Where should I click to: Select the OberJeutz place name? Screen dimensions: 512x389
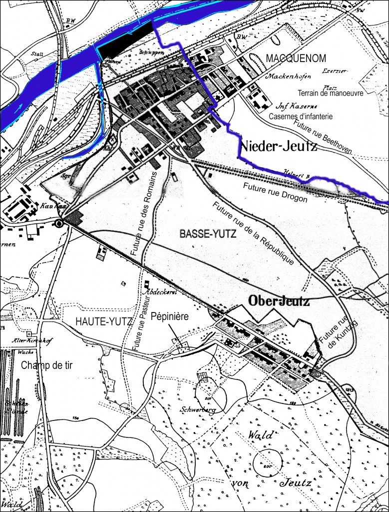click(x=279, y=301)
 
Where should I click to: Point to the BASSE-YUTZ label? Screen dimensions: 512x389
click(x=200, y=233)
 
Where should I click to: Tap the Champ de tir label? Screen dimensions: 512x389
click(x=47, y=365)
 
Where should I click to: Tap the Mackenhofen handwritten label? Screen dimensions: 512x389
click(x=289, y=76)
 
